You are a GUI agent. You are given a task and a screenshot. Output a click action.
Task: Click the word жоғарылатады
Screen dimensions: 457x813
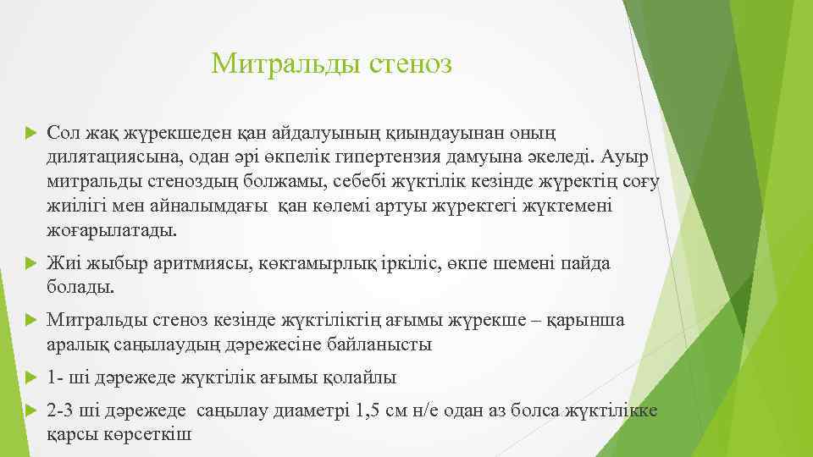113,229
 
